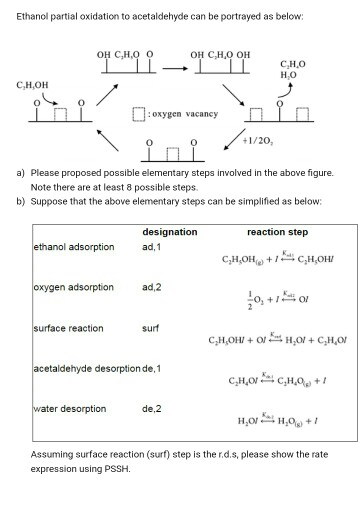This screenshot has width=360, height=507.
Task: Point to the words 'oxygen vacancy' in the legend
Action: click(x=189, y=114)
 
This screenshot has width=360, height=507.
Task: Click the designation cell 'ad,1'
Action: click(x=151, y=246)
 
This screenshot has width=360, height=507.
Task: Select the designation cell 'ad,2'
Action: click(x=151, y=287)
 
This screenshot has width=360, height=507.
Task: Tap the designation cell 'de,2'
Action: click(x=151, y=408)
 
